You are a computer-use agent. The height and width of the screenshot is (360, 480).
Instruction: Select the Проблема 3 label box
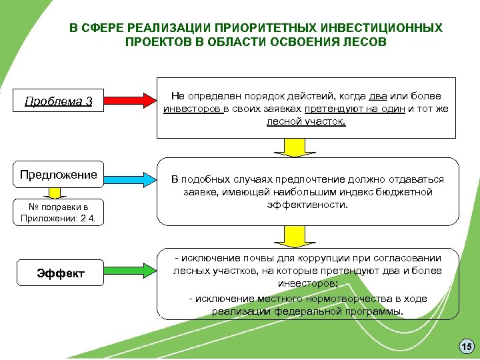59,102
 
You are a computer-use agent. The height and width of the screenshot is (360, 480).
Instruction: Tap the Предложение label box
59,175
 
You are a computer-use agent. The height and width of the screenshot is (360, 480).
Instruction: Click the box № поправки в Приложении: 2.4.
59,211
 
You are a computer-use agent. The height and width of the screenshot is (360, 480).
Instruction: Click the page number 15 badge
465,346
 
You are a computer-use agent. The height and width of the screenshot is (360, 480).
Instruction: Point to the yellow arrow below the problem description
291,147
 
